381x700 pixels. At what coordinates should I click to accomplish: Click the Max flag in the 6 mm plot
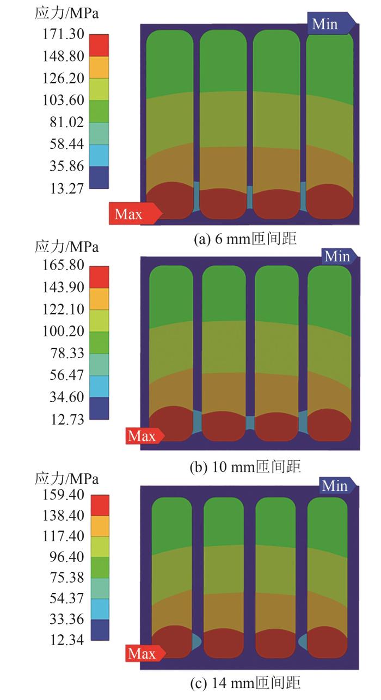(134, 213)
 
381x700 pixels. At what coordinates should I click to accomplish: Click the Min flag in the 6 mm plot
(331, 24)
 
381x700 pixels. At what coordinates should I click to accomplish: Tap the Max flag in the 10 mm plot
(144, 435)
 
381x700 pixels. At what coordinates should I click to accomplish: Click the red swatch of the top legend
(99, 45)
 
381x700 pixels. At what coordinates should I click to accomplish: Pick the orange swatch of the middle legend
(99, 299)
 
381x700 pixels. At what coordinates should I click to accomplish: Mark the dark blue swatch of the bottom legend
(100, 630)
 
